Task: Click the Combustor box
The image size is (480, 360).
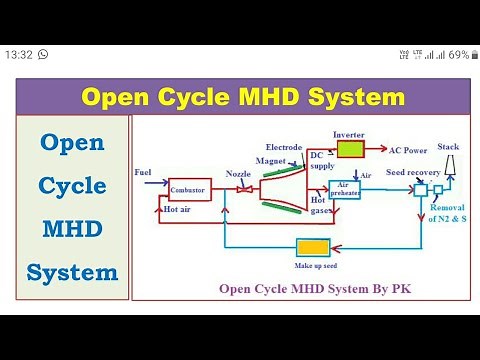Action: pos(189,189)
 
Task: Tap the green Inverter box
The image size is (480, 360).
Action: pos(350,149)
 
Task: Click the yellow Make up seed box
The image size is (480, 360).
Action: pos(313,249)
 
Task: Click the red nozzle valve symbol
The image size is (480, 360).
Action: pos(239,190)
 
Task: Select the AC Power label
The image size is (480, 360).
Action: pos(408,150)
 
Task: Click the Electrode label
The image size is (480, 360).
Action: pos(284,147)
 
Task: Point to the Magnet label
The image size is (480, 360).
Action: pos(270,159)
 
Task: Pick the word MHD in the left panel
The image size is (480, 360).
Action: pos(72,229)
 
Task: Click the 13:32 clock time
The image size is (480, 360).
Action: pos(19,54)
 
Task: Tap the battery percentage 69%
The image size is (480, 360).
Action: pos(459,54)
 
